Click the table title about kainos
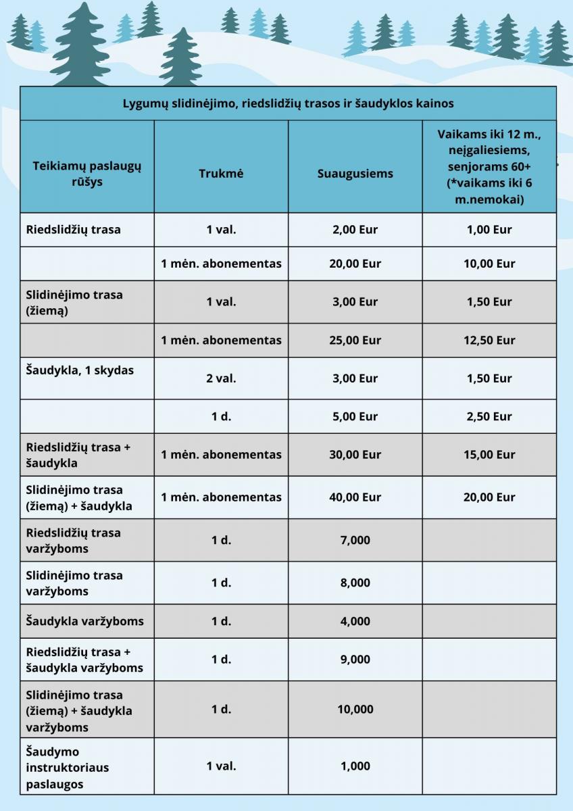[288, 103]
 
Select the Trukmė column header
[221, 173]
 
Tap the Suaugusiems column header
[355, 173]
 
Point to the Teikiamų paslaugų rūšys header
[87, 173]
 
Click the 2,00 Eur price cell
[355, 229]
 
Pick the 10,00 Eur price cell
[489, 264]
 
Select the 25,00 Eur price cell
[355, 340]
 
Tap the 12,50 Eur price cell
[489, 340]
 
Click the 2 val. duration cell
[221, 378]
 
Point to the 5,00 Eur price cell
[355, 416]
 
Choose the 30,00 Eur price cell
[355, 455]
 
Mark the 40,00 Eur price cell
[355, 497]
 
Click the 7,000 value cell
[355, 540]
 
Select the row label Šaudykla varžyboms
[85, 621]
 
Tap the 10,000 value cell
[355, 709]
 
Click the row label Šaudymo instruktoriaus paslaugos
[68, 768]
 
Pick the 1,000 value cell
[355, 766]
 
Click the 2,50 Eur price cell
[489, 416]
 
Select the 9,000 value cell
[355, 659]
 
